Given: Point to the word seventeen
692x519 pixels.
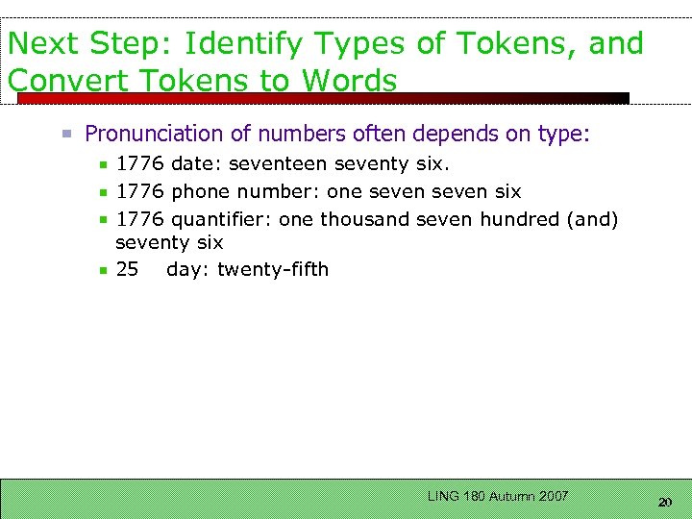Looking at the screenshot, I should click(279, 165).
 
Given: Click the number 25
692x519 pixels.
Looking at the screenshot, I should click(127, 269).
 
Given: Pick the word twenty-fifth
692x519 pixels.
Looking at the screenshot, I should click(273, 269).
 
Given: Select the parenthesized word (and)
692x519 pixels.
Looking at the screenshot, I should click(593, 219).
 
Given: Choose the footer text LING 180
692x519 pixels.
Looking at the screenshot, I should click(457, 496).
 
